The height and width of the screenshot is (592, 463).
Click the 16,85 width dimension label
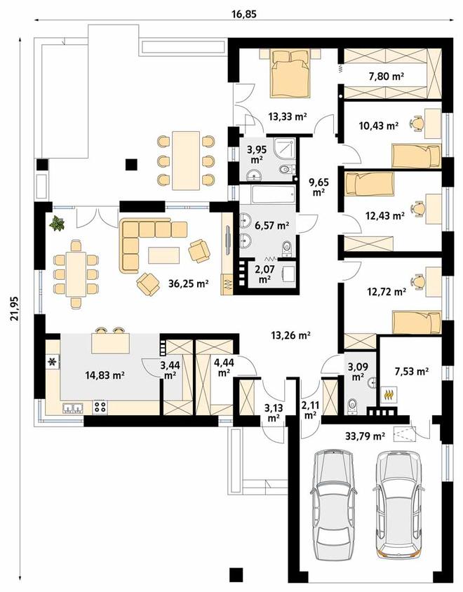point(243,14)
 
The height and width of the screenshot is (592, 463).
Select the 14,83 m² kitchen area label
point(106,375)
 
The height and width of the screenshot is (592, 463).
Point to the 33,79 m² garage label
point(365,437)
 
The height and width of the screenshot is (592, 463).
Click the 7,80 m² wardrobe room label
point(386,76)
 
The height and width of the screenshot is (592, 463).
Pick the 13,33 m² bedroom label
point(288,116)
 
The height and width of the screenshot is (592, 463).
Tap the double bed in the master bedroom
point(290,74)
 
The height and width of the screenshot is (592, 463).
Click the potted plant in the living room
point(57,223)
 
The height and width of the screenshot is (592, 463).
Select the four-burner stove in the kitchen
point(100,407)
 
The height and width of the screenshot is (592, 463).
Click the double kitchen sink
point(72,408)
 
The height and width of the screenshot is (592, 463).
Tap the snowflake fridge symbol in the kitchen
point(52,363)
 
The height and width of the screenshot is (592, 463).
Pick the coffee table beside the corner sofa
point(163,255)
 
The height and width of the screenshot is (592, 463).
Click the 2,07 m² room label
point(264,275)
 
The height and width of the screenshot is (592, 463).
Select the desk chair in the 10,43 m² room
point(416,123)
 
